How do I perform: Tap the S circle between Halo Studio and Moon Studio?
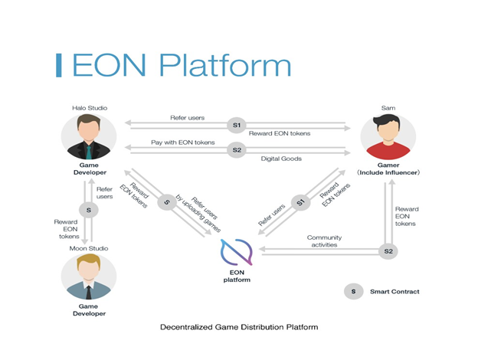[89, 208]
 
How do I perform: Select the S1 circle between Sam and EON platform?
[300, 203]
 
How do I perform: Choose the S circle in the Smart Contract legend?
[353, 291]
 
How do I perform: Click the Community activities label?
[324, 241]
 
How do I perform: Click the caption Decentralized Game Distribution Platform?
[238, 327]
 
